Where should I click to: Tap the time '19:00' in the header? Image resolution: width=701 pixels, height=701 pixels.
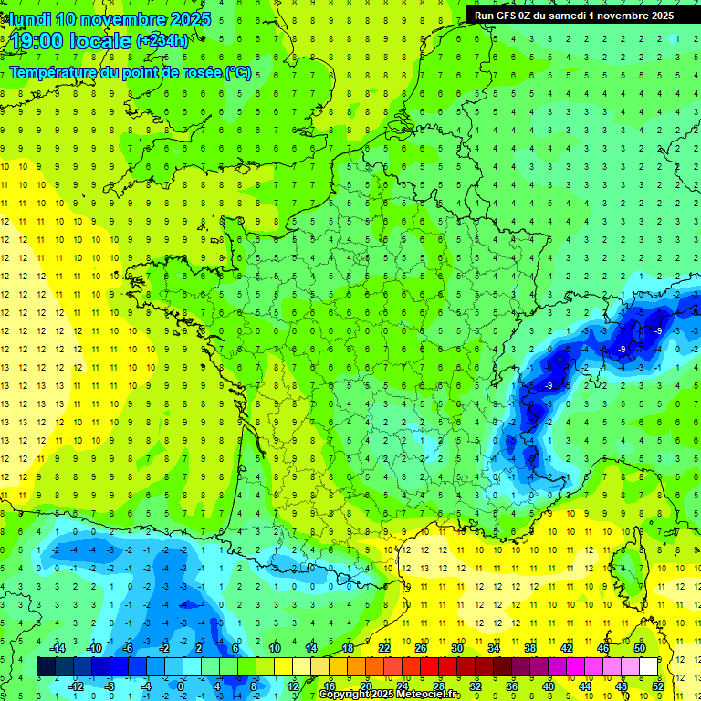35,42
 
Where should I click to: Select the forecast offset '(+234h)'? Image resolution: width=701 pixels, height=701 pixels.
162,41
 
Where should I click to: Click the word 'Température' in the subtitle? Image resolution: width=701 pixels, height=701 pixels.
53,73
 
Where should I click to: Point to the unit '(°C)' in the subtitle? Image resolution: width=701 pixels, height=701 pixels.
237,73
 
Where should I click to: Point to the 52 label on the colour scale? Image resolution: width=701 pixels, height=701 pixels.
658,686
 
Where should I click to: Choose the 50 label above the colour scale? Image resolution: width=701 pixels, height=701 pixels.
639,648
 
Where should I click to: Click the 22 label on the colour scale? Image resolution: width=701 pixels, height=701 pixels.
384,648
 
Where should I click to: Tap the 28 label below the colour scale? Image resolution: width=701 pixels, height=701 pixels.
438,686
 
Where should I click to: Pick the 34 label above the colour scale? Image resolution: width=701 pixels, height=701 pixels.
493,648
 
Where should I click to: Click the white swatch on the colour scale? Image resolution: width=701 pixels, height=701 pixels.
648,667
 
